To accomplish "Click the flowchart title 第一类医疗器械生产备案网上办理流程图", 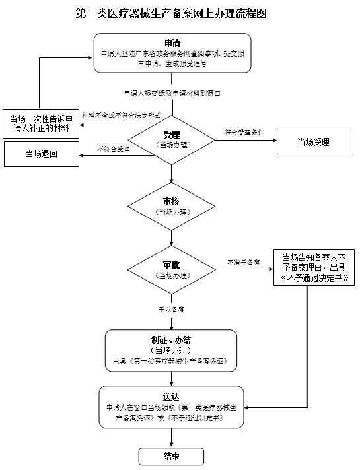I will [x=172, y=13].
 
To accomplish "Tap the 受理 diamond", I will [x=172, y=139].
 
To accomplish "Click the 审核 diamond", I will [x=172, y=207].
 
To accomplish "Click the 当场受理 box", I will [x=313, y=142].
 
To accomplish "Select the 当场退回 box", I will [x=42, y=154].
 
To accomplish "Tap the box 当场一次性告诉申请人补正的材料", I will [x=41, y=123].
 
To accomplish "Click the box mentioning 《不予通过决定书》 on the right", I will [x=314, y=267].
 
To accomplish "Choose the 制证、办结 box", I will [x=171, y=351].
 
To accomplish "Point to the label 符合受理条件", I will [x=244, y=132].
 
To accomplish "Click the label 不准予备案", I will [x=242, y=261].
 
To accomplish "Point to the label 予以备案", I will [x=170, y=308].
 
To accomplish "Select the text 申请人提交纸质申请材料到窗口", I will [x=172, y=93].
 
